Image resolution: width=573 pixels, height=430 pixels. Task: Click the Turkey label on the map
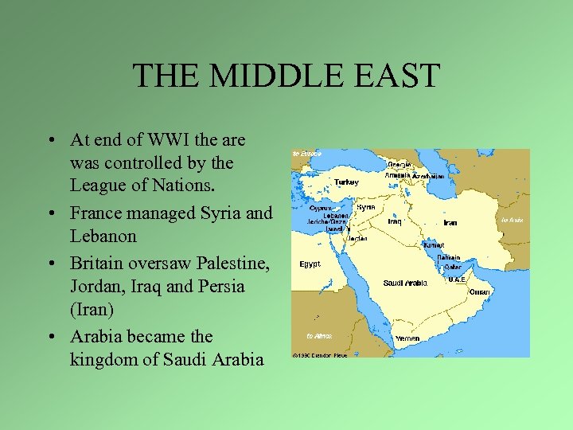[x=346, y=182]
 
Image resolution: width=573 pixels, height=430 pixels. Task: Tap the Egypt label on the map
[x=310, y=264]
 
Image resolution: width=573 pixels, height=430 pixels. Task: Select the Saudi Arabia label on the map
[x=405, y=283]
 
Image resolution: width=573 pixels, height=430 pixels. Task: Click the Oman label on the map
[x=479, y=292]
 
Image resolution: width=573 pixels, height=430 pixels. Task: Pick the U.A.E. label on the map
[x=457, y=279]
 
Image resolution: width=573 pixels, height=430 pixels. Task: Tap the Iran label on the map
[x=450, y=223]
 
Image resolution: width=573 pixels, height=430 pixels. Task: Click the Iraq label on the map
[x=395, y=221]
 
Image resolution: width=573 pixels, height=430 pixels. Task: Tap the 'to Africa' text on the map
[x=319, y=336]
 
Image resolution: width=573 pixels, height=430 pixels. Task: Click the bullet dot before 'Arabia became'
[x=50, y=337]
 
